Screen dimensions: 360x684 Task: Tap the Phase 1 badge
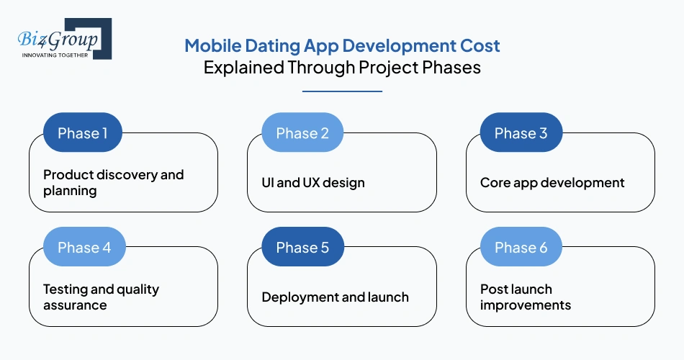point(82,133)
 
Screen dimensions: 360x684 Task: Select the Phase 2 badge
point(302,133)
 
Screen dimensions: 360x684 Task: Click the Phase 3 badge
point(520,133)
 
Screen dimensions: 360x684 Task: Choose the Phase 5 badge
point(302,248)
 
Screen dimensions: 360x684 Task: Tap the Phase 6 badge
point(520,248)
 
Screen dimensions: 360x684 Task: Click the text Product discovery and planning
point(113,183)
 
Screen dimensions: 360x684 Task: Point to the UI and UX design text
point(312,183)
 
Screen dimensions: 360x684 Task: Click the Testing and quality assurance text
point(101,297)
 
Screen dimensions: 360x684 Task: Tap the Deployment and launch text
point(335,297)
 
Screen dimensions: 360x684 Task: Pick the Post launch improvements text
point(525,297)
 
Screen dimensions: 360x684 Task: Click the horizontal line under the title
point(342,91)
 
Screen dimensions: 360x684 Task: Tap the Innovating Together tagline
point(55,55)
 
